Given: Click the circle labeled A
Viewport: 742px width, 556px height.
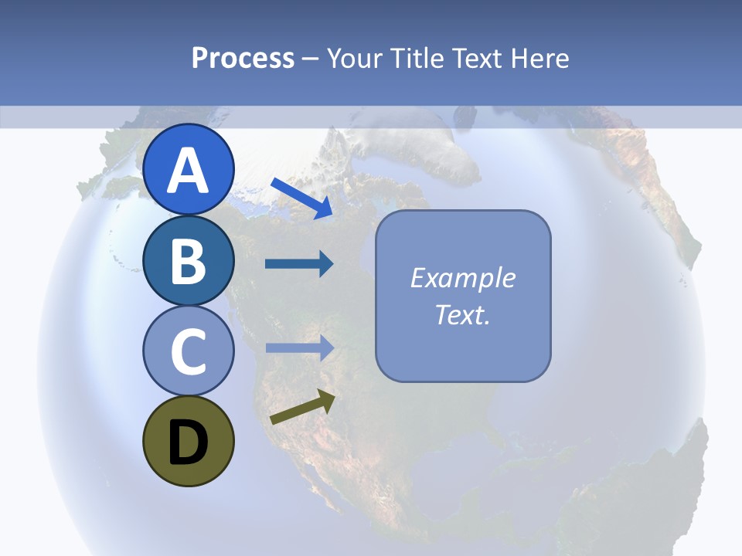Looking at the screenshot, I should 189,170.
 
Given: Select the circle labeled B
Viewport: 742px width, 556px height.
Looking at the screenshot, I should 189,261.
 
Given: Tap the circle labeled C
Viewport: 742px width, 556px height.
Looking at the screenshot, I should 189,351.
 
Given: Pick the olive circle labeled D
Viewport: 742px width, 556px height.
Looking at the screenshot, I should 189,442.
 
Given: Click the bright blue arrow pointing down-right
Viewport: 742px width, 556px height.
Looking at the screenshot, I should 301,198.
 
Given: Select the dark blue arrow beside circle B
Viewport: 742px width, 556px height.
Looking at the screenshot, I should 299,264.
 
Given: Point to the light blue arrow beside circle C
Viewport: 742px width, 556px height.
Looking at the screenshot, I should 299,347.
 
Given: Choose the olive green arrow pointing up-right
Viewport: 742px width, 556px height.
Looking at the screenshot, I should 302,407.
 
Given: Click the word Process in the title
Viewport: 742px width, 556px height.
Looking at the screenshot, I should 243,59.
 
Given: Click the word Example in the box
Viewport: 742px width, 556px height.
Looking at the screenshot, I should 462,278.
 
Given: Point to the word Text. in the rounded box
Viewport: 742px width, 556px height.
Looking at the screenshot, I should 462,315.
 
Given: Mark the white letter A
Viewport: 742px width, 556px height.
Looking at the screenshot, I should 189,171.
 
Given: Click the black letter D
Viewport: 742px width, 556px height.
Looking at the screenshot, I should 189,442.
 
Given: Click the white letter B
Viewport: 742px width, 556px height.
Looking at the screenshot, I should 189,262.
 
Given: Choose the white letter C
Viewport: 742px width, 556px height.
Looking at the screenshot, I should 189,352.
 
